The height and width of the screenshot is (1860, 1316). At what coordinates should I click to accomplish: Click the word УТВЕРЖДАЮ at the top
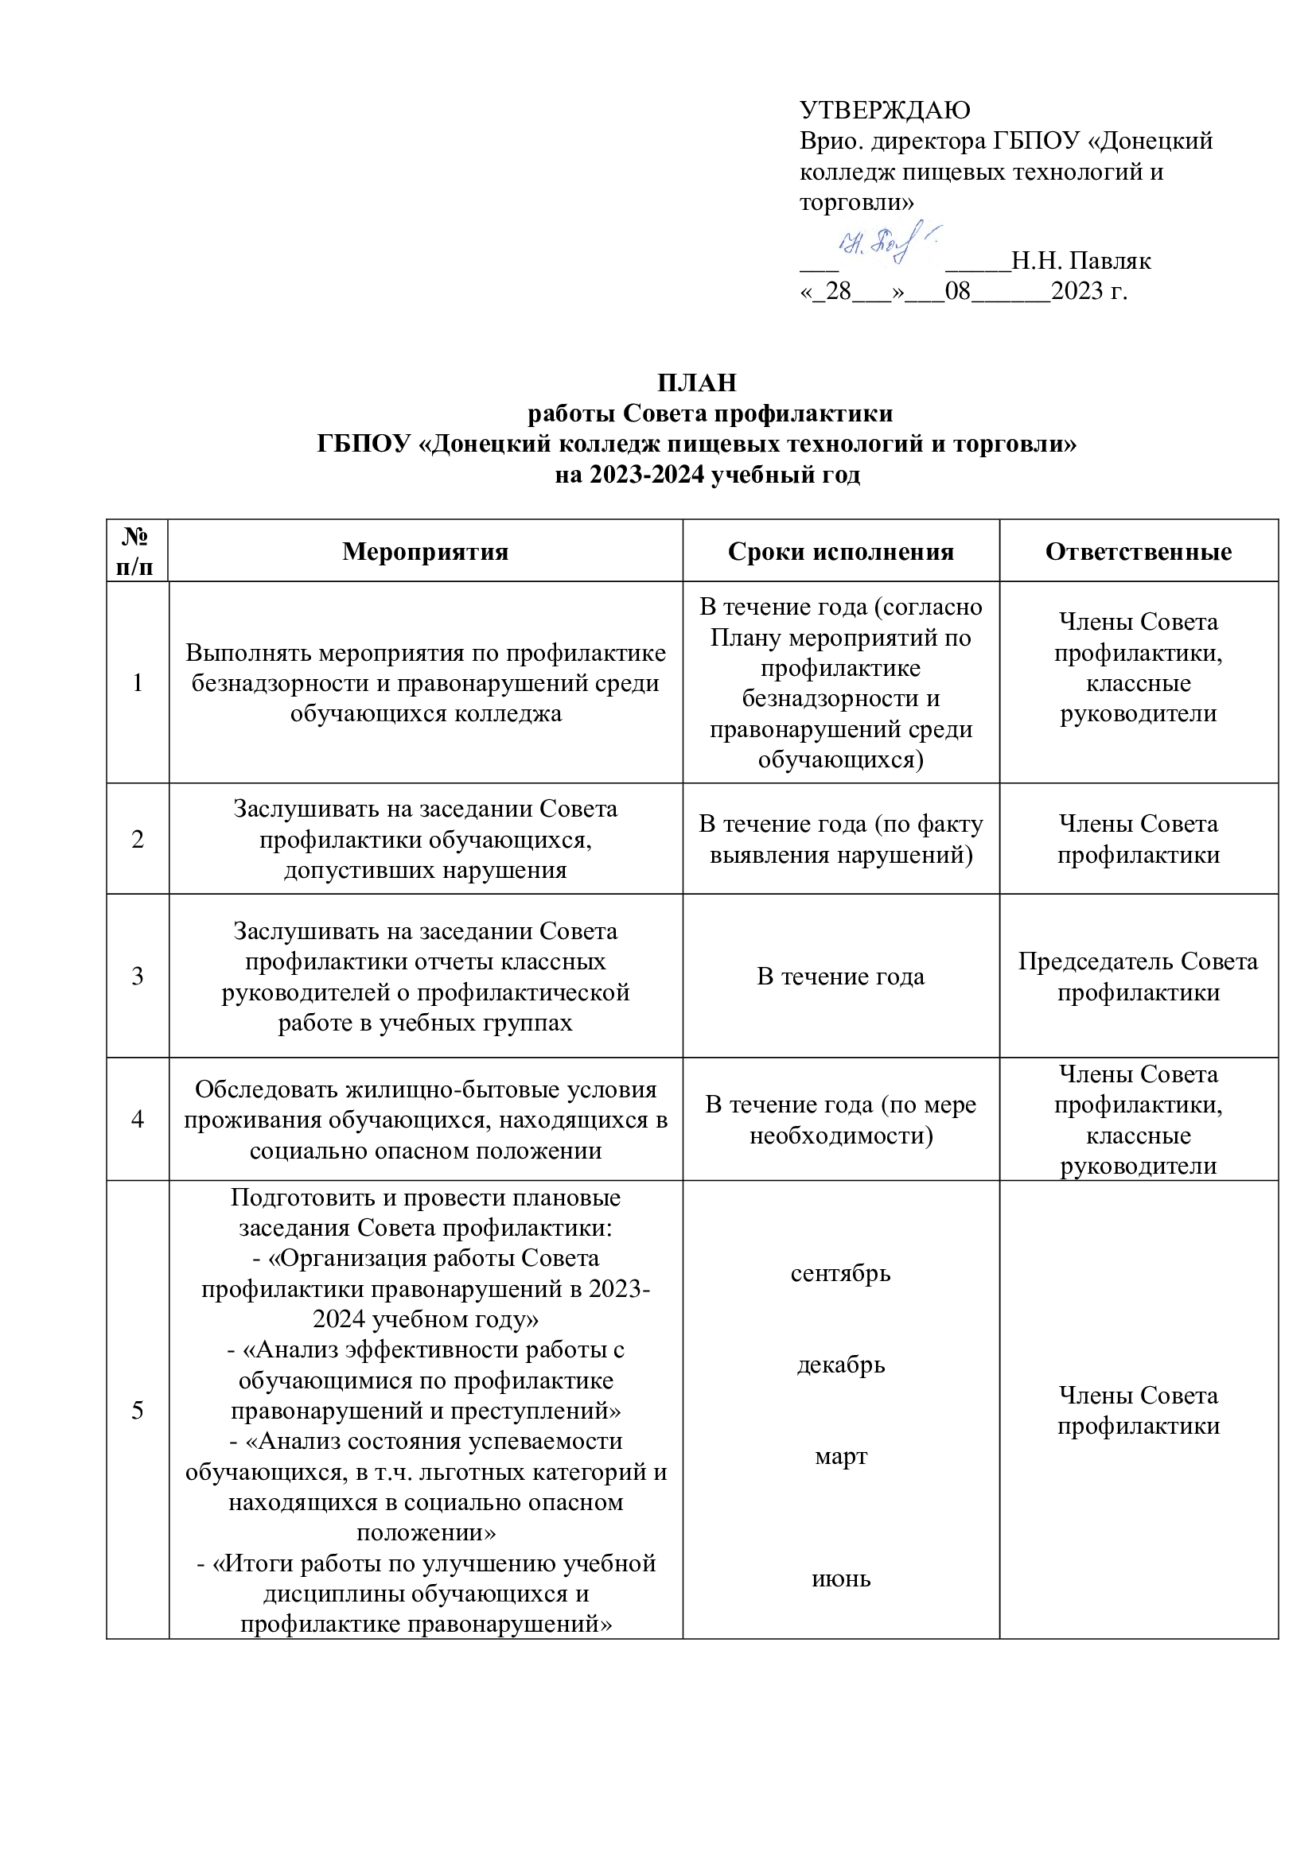[x=885, y=110]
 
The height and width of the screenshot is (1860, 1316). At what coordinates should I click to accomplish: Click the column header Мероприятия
[x=426, y=552]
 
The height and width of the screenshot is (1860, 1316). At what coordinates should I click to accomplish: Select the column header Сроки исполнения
[x=840, y=552]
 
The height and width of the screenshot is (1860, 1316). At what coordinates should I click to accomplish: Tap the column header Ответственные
[x=1138, y=552]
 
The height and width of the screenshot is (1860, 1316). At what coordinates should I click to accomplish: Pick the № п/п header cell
[x=138, y=551]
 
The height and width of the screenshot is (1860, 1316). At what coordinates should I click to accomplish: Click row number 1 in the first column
[x=138, y=683]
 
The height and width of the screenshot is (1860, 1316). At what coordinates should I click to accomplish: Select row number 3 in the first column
[x=138, y=977]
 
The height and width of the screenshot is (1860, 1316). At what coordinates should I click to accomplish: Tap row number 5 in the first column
[x=138, y=1411]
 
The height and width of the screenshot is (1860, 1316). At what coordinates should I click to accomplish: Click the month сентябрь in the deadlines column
[x=840, y=1272]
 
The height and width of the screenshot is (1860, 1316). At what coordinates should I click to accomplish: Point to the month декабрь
[x=840, y=1365]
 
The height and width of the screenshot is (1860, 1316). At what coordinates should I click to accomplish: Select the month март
[x=840, y=1457]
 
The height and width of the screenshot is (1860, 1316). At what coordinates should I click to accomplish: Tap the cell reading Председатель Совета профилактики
[x=1138, y=977]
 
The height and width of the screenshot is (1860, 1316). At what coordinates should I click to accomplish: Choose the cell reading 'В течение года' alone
[x=840, y=977]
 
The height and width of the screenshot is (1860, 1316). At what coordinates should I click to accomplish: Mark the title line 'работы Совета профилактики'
[x=710, y=414]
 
